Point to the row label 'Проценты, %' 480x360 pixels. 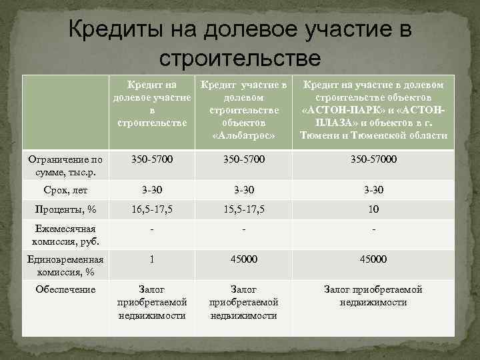(x=65, y=209)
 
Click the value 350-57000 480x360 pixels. (x=373, y=160)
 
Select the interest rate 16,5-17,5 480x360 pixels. (x=153, y=209)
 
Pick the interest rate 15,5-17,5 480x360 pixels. (x=243, y=209)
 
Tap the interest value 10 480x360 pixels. (x=373, y=209)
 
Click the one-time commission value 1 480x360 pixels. (x=153, y=259)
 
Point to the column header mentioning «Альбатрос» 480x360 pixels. (x=243, y=110)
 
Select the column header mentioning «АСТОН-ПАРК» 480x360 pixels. (x=373, y=110)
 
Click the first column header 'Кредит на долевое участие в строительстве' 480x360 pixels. (x=153, y=104)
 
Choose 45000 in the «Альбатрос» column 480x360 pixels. (x=243, y=259)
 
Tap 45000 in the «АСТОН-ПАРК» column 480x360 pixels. (x=373, y=259)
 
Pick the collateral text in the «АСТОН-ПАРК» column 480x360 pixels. (x=373, y=295)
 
